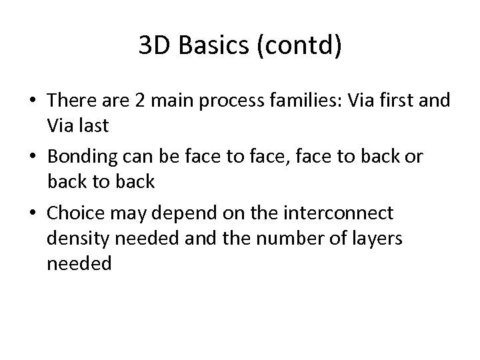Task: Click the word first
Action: click(406, 101)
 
